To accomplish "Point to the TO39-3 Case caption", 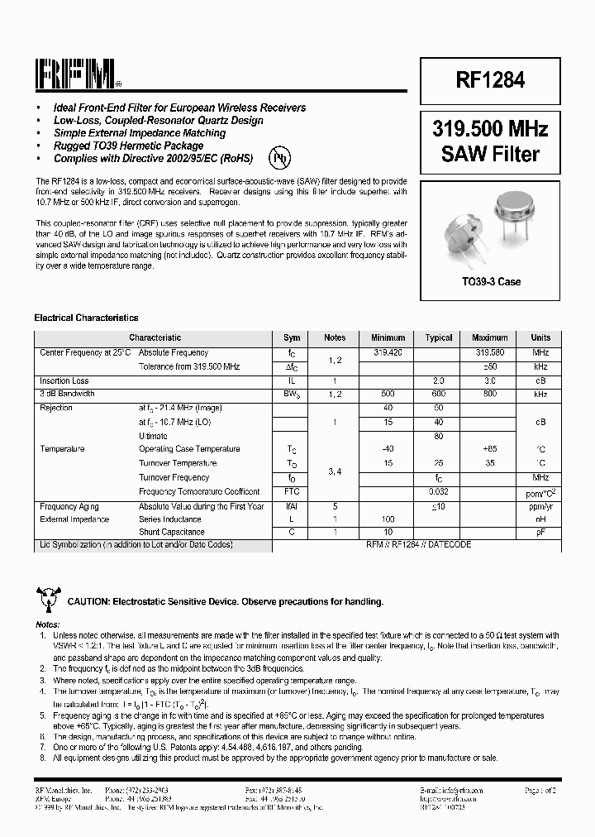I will (491, 282).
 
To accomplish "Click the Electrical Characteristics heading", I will (86, 318).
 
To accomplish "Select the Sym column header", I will (292, 337).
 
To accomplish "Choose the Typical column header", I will (439, 337).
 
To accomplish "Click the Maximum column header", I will (489, 337).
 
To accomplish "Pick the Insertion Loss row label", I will (64, 380).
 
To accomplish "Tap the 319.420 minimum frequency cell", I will (388, 352).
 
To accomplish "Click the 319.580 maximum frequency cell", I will (489, 352).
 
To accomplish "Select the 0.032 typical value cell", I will (439, 491).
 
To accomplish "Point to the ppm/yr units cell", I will (540, 506).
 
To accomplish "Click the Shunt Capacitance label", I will (172, 532).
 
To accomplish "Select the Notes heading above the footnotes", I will (48, 624).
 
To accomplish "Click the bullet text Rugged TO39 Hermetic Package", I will (128, 146).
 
